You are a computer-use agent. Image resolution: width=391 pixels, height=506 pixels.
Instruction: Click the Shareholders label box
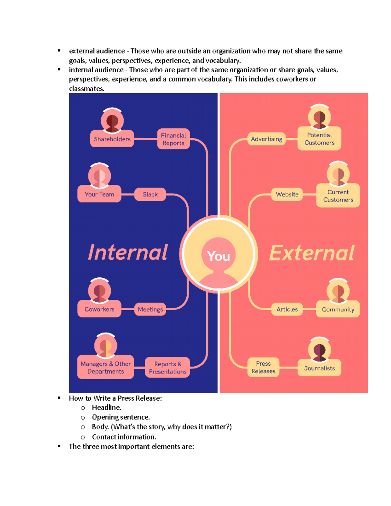point(112,139)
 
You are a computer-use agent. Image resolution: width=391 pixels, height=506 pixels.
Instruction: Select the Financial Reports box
point(173,139)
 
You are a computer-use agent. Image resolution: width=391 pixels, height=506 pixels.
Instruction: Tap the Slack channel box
point(150,195)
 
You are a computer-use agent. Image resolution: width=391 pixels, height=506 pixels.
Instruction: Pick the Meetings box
point(150,309)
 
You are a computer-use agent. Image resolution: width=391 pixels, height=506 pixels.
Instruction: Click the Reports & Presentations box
point(167,368)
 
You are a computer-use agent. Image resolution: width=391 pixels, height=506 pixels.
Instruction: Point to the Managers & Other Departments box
point(106,368)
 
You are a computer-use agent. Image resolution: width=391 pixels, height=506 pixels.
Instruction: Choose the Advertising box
point(267,139)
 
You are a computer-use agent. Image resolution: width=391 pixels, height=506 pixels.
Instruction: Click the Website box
point(287,195)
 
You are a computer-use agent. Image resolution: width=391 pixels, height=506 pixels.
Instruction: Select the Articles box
point(287,309)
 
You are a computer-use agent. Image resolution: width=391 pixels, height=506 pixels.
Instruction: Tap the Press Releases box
point(263,367)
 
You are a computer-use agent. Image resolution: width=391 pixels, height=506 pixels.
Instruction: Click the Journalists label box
point(319,368)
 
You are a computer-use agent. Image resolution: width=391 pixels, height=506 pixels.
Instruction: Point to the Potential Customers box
point(319,139)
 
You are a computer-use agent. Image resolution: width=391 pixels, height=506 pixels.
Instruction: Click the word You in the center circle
point(218,256)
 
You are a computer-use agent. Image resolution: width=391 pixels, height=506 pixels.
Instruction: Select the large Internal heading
point(128,253)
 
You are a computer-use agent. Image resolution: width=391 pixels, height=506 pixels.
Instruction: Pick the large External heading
point(312,253)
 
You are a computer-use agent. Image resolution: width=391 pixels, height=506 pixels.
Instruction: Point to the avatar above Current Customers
point(338,174)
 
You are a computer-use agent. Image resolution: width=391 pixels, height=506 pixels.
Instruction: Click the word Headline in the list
point(106,408)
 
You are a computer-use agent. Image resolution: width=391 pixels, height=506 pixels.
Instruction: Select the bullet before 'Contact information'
point(83,437)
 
